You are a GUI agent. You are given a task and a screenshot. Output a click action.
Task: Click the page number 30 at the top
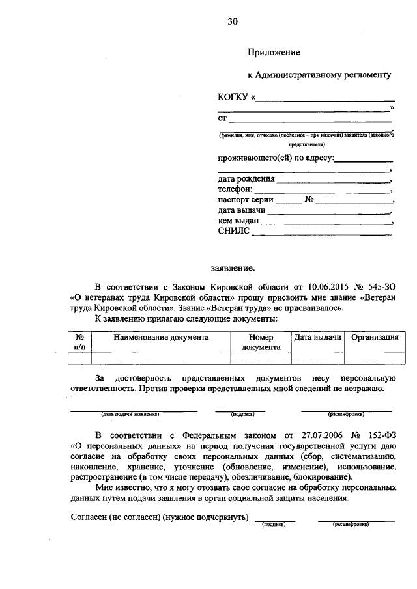click(233, 21)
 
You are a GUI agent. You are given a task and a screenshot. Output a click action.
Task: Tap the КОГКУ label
click(233, 98)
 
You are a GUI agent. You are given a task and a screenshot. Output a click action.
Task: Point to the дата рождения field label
click(246, 178)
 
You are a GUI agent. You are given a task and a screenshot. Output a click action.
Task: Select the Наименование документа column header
click(160, 338)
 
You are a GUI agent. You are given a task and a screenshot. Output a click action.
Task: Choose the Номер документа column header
click(261, 342)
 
